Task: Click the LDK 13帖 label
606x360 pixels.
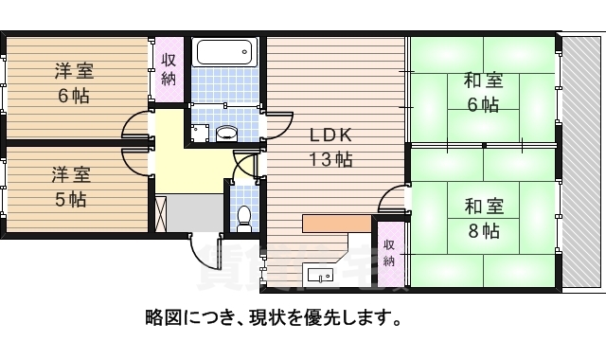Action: click(329, 147)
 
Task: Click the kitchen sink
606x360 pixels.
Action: click(320, 276)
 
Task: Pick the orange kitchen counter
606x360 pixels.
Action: click(336, 224)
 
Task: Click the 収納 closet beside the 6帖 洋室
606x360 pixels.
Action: click(169, 69)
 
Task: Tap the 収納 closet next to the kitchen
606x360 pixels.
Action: click(389, 252)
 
